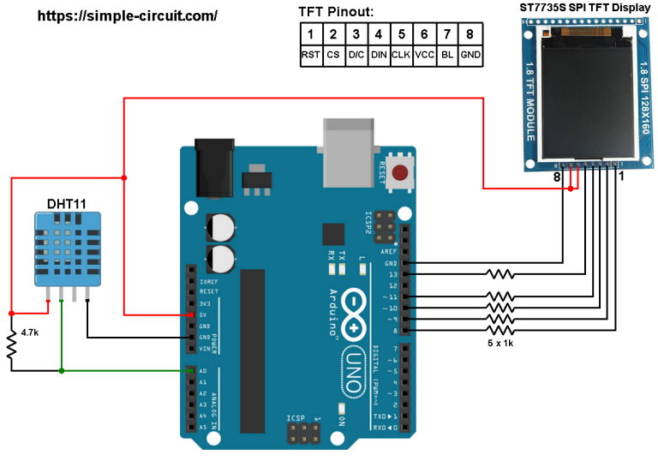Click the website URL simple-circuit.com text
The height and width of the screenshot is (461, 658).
(x=128, y=15)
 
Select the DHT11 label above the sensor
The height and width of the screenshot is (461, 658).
(x=66, y=204)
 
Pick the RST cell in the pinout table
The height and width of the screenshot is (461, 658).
(x=310, y=55)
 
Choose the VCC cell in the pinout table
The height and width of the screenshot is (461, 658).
(x=423, y=55)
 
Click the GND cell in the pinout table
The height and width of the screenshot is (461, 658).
(x=470, y=55)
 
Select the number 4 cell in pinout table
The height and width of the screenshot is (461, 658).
(x=378, y=34)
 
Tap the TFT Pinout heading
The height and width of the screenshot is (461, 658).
(x=336, y=12)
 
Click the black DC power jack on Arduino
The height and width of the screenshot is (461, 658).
(x=214, y=168)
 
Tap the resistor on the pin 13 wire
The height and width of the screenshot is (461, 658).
(x=499, y=274)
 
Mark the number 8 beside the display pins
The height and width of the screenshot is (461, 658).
(x=556, y=177)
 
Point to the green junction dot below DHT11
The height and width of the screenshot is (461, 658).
(x=62, y=371)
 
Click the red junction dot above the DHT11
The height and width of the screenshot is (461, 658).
(x=124, y=178)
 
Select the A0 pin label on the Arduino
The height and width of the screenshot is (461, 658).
(x=202, y=371)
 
